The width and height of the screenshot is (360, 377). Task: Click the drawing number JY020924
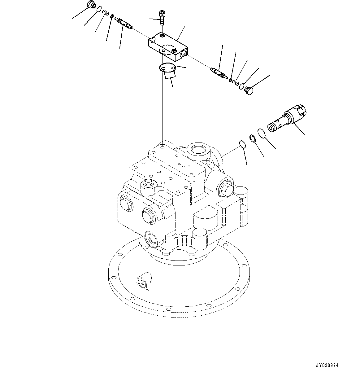pos(327,366)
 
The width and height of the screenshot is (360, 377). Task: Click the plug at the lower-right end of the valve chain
pos(249,90)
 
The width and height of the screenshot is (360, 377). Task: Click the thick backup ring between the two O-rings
pos(252,138)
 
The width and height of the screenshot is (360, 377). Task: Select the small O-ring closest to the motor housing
pos(242,144)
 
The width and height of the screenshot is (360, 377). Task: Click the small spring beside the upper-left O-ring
pos(106,13)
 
